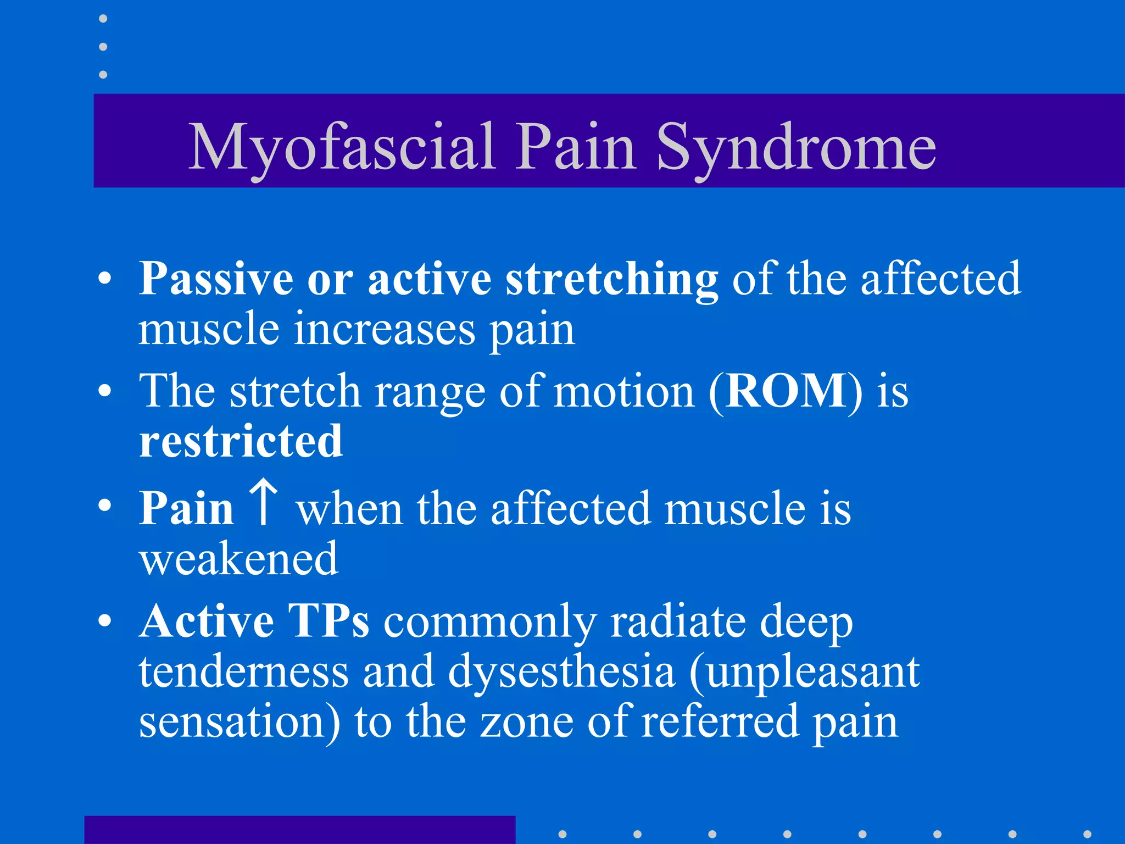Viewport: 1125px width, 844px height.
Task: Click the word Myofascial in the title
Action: [342, 147]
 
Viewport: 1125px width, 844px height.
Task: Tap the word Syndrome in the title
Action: [796, 147]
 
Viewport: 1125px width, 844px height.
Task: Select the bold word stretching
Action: [611, 280]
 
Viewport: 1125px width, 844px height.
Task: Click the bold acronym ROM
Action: [786, 391]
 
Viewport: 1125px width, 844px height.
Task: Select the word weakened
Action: [238, 559]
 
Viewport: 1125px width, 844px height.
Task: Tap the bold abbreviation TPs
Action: [328, 621]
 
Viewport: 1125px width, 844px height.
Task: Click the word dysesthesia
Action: [561, 671]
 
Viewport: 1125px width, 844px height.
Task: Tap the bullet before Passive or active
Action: [104, 279]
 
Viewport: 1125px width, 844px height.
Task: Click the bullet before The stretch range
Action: [104, 391]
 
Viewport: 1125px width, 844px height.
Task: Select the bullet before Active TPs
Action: [104, 621]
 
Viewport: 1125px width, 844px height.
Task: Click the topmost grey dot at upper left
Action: [103, 19]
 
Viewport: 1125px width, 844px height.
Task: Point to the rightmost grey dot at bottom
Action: [1087, 834]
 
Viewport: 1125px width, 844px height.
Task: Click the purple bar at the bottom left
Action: [299, 830]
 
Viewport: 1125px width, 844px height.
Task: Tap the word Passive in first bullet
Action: [216, 280]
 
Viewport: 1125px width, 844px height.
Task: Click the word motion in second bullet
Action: [624, 391]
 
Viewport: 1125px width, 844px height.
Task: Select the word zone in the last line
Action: [526, 721]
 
